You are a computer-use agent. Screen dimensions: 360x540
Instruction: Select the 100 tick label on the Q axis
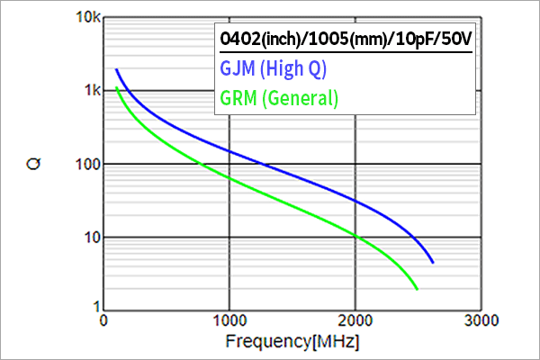(84, 164)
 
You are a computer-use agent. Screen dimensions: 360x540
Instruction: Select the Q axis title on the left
(32, 163)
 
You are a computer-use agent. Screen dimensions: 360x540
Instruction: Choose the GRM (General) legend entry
(279, 97)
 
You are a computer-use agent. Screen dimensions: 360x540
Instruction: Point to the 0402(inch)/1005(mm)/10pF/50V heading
(346, 40)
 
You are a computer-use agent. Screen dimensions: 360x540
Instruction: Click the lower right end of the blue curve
(433, 263)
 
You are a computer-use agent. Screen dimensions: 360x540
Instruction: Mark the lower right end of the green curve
(418, 289)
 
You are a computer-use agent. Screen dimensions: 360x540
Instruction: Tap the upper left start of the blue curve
(116, 69)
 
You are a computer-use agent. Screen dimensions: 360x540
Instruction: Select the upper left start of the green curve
(116, 87)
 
